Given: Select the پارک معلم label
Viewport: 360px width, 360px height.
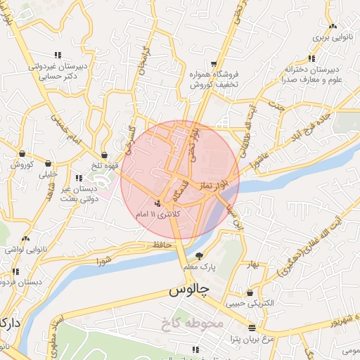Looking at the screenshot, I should (199, 268).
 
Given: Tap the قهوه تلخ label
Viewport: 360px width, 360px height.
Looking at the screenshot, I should (104, 167).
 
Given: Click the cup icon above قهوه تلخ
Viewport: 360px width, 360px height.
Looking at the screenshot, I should (104, 155).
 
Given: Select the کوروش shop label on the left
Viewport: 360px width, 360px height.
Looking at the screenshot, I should (22, 165).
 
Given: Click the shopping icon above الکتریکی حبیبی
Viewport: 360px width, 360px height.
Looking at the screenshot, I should (250, 293).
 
